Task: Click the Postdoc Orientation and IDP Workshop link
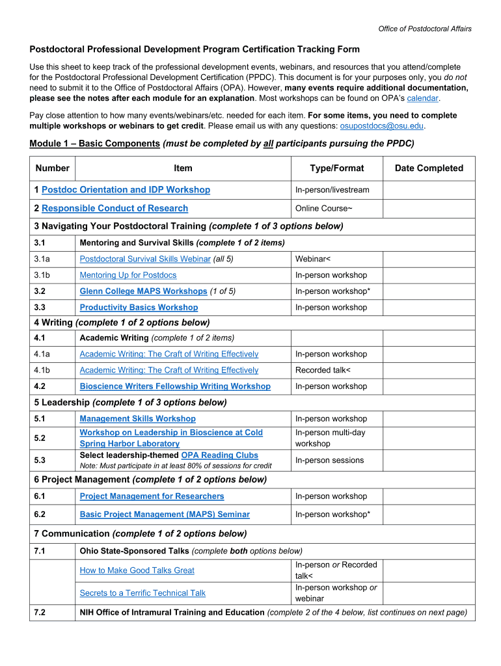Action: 126,190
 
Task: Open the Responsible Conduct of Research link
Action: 115,209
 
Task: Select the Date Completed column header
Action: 429,168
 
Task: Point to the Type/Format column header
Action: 336,168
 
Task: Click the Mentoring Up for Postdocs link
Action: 128,275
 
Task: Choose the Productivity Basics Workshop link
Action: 139,308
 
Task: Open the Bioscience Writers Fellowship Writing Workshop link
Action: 175,386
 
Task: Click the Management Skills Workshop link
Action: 137,419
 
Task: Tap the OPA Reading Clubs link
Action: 219,455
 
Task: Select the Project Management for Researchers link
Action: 152,496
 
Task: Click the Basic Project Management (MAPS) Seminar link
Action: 165,514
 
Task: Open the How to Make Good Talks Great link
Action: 137,570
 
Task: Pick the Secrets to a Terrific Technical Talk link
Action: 142,593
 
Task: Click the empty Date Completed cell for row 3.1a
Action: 429,259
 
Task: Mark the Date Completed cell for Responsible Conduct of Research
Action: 429,209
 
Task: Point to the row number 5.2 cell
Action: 53,438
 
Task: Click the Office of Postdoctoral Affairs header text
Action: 425,29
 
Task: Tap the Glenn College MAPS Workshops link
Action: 143,291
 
